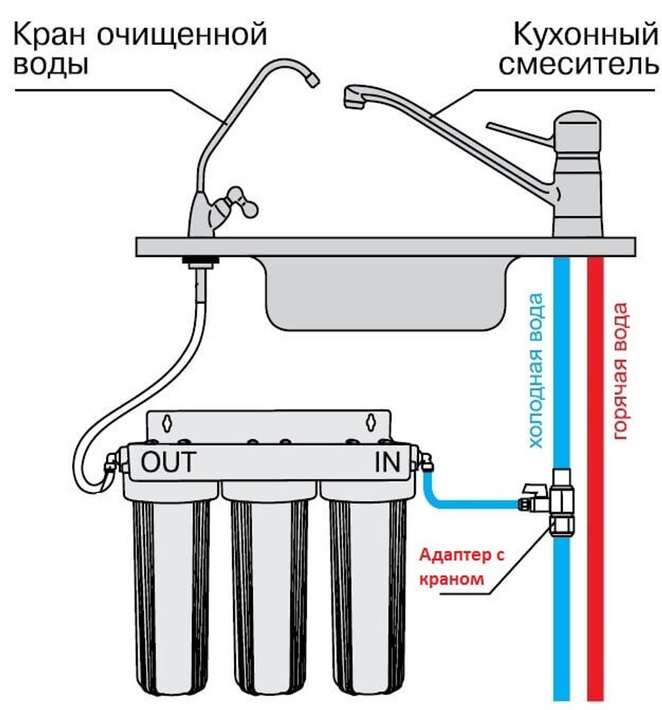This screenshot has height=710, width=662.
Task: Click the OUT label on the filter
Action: click(x=168, y=462)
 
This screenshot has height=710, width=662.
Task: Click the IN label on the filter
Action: click(x=388, y=462)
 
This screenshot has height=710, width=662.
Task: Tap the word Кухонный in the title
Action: click(x=585, y=34)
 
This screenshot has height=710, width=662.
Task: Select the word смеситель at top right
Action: click(x=579, y=65)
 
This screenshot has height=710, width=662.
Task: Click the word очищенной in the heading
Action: click(x=181, y=35)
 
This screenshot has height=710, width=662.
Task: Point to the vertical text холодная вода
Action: click(x=536, y=371)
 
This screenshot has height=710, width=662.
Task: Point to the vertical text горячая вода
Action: click(x=620, y=371)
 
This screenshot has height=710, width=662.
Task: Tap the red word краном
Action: click(x=451, y=579)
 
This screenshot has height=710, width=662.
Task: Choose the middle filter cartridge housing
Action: click(x=269, y=584)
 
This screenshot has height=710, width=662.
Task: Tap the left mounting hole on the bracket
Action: click(x=167, y=422)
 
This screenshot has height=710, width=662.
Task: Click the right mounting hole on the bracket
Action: click(x=371, y=422)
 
